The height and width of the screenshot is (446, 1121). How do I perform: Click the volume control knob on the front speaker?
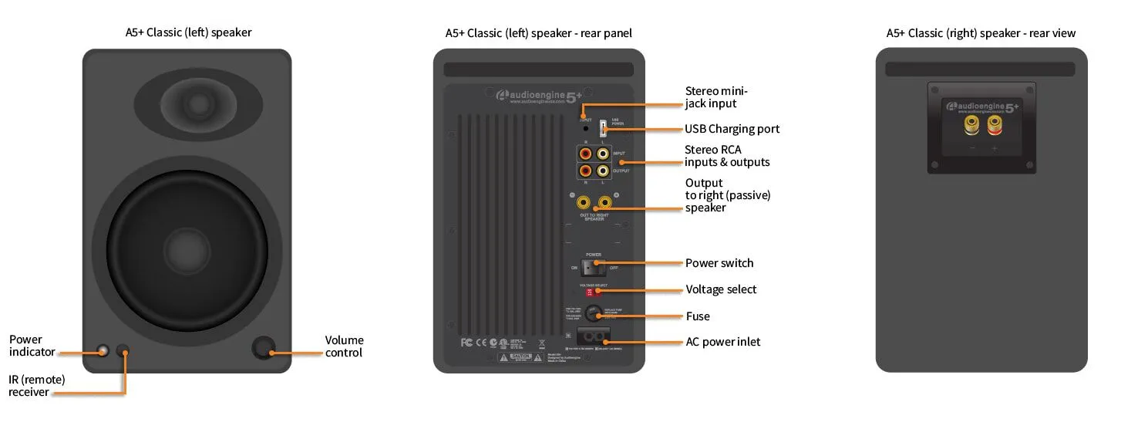point(264,348)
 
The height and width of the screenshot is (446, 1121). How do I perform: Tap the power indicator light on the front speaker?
point(103,352)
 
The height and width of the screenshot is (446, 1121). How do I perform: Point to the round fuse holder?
point(592,313)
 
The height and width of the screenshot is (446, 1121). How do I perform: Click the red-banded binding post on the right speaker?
point(994,124)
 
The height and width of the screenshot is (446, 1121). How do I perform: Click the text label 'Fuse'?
point(698,316)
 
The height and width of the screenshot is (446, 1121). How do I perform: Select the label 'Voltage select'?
point(721,290)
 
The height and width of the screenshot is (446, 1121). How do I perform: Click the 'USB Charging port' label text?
point(732,129)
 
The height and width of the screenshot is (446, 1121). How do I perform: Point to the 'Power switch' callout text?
point(719,263)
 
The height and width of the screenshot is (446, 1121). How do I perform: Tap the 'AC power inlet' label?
point(722,342)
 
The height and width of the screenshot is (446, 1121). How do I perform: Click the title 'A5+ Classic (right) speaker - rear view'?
point(981,33)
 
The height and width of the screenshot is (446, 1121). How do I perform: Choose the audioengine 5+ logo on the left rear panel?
point(539,96)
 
